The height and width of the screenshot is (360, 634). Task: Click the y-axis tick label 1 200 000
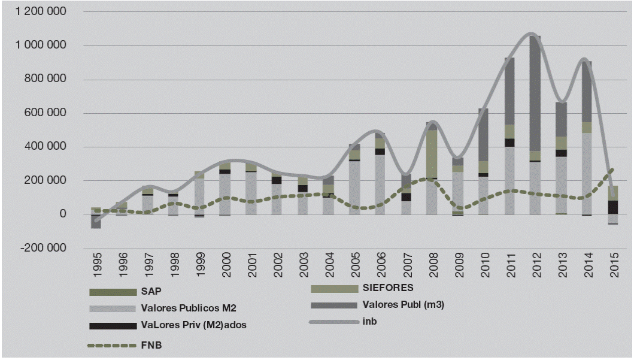(x=41, y=11)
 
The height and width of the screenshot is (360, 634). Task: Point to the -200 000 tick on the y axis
(x=43, y=247)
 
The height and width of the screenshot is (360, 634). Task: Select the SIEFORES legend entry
(x=387, y=288)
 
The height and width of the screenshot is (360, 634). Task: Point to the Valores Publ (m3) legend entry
(x=403, y=305)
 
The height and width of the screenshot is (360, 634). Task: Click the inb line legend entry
(x=369, y=322)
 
